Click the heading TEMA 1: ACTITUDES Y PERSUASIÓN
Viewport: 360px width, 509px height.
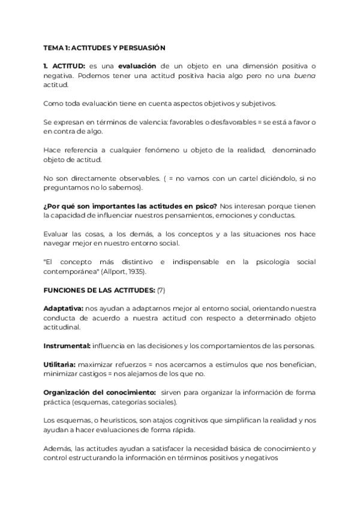click(104, 47)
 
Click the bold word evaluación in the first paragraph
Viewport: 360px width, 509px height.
click(137, 65)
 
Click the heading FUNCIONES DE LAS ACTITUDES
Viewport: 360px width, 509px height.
click(98, 291)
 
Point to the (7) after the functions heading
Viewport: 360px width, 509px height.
click(161, 291)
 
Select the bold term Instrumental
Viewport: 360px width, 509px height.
click(67, 346)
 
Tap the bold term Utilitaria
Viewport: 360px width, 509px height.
click(59, 365)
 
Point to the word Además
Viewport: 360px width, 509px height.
click(59, 449)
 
